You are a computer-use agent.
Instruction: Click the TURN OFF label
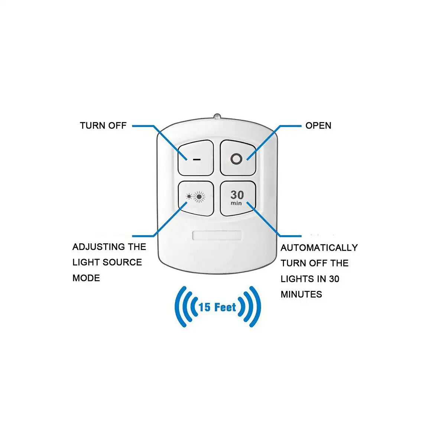(103, 126)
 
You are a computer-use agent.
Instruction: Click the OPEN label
(318, 126)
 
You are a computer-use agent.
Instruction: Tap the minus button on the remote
(196, 158)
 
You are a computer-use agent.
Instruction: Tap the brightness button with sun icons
(196, 198)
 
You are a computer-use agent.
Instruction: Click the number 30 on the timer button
(237, 195)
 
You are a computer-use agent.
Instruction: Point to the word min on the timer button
(236, 203)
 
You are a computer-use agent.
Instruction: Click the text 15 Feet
(217, 307)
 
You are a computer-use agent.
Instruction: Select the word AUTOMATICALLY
(319, 247)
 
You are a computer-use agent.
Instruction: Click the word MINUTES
(301, 294)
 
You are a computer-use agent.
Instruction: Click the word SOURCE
(122, 262)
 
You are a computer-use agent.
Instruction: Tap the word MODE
(86, 278)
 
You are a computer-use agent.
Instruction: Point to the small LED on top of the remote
(217, 116)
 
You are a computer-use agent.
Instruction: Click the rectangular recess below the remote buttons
(217, 235)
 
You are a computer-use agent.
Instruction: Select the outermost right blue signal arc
(255, 307)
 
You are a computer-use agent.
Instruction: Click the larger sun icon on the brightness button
(199, 197)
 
